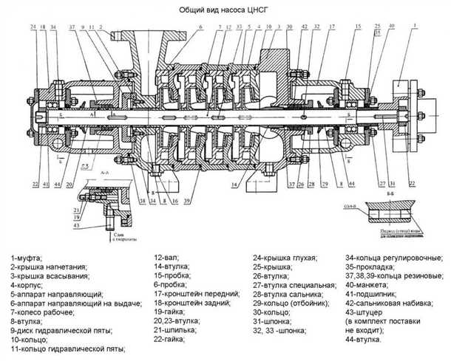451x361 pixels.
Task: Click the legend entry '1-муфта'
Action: tap(27, 257)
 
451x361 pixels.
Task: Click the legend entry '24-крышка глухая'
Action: tap(285, 257)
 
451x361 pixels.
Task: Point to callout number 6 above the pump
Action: tap(200, 27)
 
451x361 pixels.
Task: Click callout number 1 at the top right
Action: tap(415, 26)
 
